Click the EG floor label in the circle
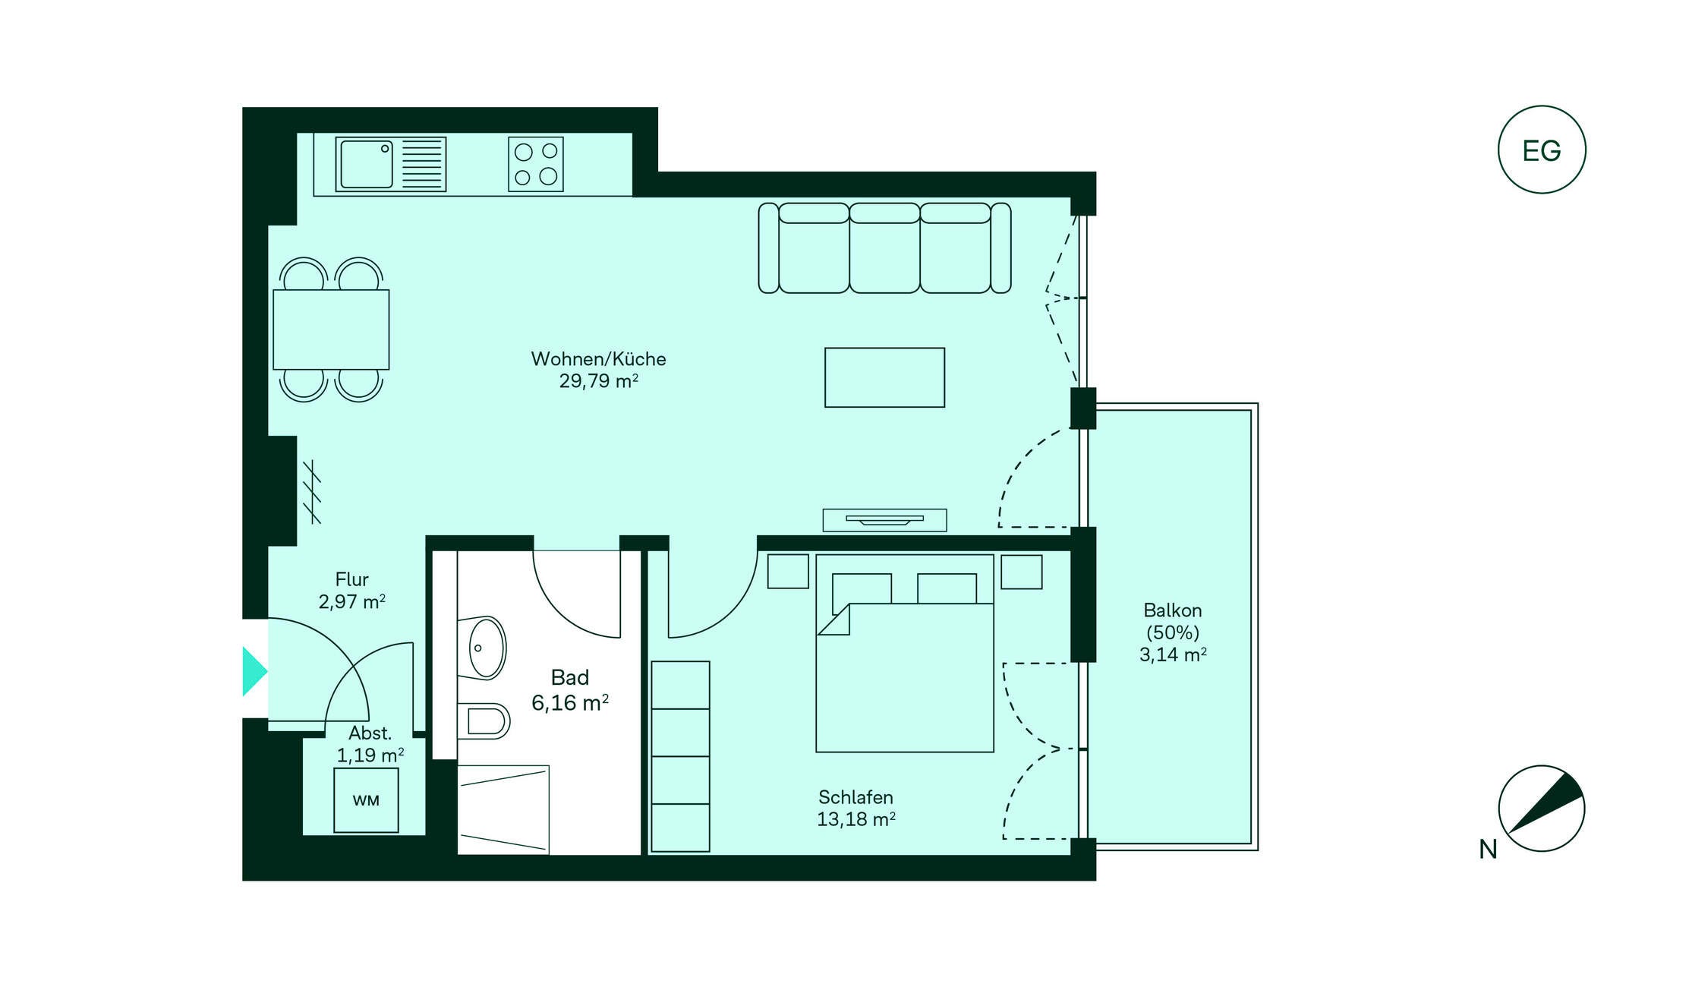(1541, 151)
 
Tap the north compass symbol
(1541, 808)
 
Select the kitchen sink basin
(367, 164)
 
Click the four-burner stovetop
(536, 164)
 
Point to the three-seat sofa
(884, 248)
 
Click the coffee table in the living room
(884, 377)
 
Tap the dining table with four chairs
(331, 330)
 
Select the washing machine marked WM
(366, 800)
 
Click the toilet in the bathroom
(484, 721)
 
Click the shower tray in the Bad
(503, 809)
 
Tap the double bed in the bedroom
(905, 653)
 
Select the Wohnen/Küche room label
(598, 359)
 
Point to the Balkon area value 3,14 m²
(1173, 654)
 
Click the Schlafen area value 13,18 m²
(856, 819)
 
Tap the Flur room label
(352, 579)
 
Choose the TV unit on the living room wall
(884, 520)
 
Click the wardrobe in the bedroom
(680, 756)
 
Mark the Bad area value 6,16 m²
(570, 703)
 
